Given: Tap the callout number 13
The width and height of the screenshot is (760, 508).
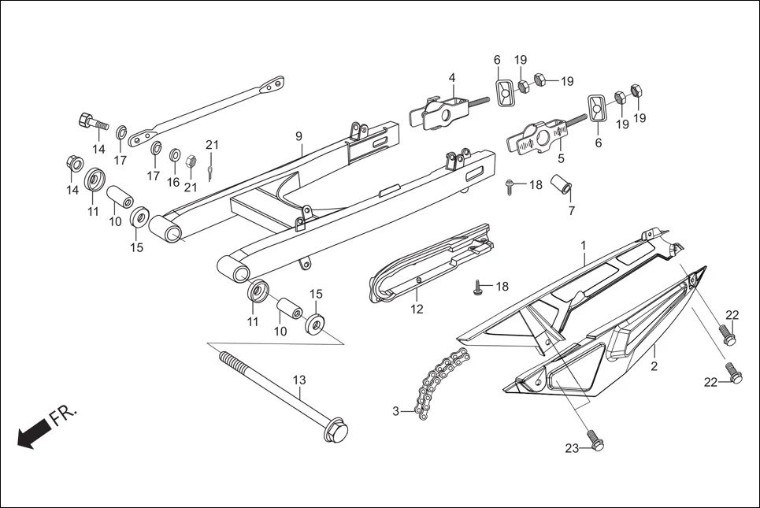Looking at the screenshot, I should (299, 380).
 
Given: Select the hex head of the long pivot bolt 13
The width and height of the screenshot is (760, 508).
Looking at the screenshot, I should (336, 432).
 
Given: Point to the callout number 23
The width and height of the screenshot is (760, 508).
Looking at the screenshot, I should (572, 448).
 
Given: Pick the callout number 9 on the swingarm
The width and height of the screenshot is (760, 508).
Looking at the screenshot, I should (299, 136).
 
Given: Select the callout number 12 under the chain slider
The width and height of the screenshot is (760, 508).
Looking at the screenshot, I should (417, 310).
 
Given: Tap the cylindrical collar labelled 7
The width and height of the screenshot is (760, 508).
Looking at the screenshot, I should (562, 190).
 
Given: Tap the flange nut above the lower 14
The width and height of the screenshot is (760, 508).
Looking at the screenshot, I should (72, 164).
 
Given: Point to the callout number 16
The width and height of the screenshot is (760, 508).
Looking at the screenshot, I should (173, 182).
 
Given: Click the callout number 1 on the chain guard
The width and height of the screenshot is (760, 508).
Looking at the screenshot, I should (584, 246).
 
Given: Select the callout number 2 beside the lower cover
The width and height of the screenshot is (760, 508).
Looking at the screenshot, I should (654, 367).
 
